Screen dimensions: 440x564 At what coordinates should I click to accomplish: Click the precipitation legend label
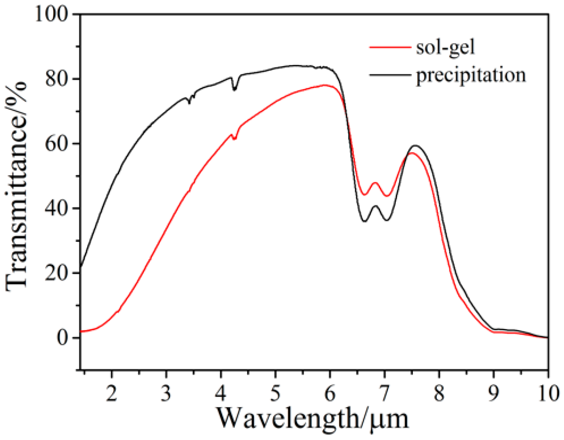[x=471, y=75]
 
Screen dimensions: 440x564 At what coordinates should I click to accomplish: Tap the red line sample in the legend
[x=390, y=48]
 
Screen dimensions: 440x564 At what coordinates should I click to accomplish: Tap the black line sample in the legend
[x=390, y=75]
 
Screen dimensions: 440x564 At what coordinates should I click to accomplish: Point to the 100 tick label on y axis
[x=52, y=14]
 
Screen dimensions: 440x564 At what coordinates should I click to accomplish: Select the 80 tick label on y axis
[x=57, y=79]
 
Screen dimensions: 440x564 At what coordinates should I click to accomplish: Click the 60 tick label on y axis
[x=57, y=143]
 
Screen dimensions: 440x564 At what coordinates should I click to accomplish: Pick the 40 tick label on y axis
[x=57, y=208]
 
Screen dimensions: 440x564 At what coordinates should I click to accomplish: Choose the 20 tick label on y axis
[x=57, y=273]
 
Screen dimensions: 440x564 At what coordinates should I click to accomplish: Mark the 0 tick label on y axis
[x=63, y=338]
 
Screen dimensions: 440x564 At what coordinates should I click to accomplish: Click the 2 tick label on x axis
[x=112, y=394]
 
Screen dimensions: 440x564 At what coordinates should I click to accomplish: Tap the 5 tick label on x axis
[x=275, y=394]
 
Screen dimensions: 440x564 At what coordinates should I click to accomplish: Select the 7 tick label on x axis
[x=384, y=394]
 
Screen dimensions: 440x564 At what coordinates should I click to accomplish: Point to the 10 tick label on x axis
[x=548, y=394]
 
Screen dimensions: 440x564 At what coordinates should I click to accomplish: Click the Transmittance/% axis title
[x=17, y=186]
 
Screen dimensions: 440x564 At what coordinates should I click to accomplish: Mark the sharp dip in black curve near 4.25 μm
[x=234, y=90]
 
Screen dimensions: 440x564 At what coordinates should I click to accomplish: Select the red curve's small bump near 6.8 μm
[x=375, y=183]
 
